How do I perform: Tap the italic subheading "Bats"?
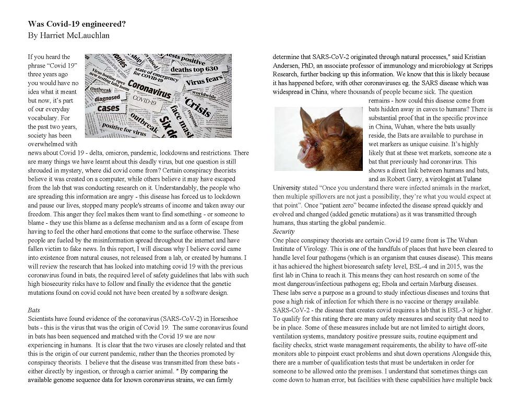tap(34, 310)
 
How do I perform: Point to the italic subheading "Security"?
tap(284, 231)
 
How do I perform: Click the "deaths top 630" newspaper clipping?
tap(194, 69)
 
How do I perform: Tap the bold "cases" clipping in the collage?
tap(109, 108)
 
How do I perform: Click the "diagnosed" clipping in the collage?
tap(108, 98)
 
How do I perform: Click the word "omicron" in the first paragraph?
tap(117, 153)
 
